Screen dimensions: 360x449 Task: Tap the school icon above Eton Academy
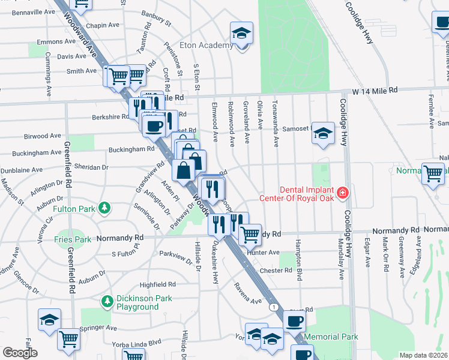tap(241, 33)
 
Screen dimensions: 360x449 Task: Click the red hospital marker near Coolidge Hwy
tap(342, 193)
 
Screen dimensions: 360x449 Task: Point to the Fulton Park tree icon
tap(106, 208)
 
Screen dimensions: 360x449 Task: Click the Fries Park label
tap(74, 239)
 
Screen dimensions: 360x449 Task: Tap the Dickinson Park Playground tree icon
tap(107, 299)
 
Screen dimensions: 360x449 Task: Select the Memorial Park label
tap(331, 337)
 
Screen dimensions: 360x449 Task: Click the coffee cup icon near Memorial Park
tap(294, 321)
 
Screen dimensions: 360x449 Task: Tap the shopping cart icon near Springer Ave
tap(68, 338)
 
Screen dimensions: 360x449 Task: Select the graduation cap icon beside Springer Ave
tap(49, 320)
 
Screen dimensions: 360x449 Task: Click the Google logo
tap(19, 353)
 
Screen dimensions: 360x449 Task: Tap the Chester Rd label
tap(276, 271)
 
